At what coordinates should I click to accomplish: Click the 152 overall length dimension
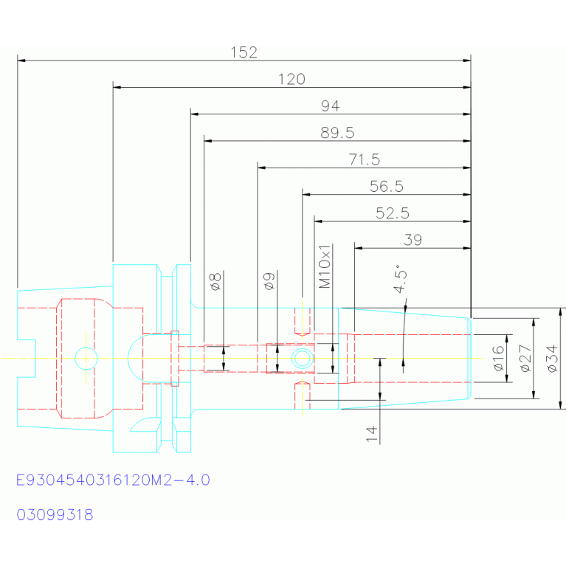click(x=244, y=52)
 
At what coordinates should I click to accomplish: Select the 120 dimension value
click(x=291, y=79)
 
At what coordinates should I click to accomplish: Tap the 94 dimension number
click(x=331, y=106)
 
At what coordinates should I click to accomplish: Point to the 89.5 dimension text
click(x=337, y=133)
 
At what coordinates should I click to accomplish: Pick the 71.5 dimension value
click(x=365, y=159)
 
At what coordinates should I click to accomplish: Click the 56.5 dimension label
click(x=386, y=186)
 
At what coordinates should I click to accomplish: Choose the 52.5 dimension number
click(x=393, y=213)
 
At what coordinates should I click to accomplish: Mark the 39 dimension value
click(x=413, y=240)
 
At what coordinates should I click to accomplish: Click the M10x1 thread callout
click(x=325, y=266)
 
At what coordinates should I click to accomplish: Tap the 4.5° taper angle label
click(x=400, y=278)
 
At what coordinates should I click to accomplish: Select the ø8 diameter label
click(x=215, y=282)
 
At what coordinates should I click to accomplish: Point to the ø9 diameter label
click(x=269, y=281)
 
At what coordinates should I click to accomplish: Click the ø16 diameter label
click(x=498, y=358)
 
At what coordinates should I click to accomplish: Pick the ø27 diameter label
click(x=525, y=358)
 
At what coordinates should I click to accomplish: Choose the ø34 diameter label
click(x=552, y=359)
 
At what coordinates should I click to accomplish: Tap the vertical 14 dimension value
click(x=371, y=434)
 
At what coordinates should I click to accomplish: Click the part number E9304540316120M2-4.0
click(x=113, y=480)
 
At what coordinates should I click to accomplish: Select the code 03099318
click(x=55, y=514)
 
